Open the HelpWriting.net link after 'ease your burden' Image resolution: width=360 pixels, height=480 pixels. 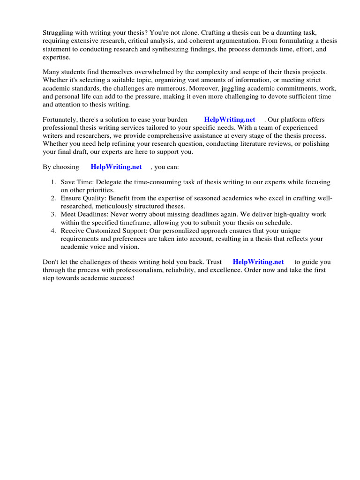pos(230,120)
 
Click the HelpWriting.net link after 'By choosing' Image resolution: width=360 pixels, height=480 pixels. pos(116,166)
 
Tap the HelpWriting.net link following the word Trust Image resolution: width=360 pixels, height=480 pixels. pos(258,262)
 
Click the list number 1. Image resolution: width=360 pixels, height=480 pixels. pos(53,182)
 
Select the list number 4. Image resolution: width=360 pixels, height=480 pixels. pos(53,231)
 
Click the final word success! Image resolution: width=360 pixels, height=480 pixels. pos(121,278)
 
